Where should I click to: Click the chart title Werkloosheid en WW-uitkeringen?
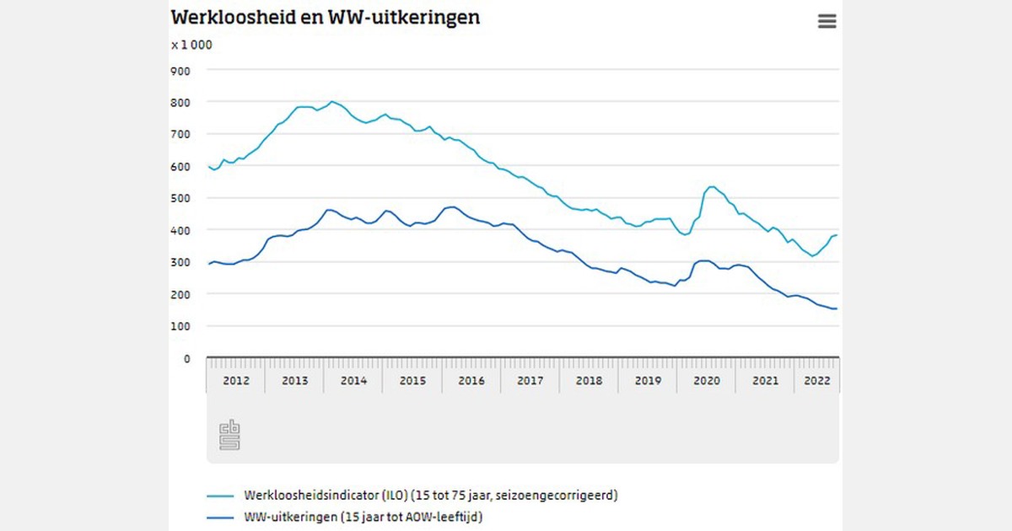pyautogui.click(x=326, y=17)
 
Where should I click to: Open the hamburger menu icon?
pyautogui.click(x=826, y=22)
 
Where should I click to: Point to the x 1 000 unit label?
pyautogui.click(x=191, y=45)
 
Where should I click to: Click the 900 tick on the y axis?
pyautogui.click(x=180, y=70)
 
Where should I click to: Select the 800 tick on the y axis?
pyautogui.click(x=180, y=102)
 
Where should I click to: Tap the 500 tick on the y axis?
pyautogui.click(x=180, y=198)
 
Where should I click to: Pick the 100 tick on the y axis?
pyautogui.click(x=180, y=326)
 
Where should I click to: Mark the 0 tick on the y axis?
pyautogui.click(x=187, y=358)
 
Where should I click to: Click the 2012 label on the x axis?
pyautogui.click(x=235, y=381)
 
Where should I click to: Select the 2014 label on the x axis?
pyautogui.click(x=353, y=381)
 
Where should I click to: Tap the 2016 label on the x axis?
pyautogui.click(x=471, y=381)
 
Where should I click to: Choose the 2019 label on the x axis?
pyautogui.click(x=647, y=381)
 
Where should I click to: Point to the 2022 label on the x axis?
pyautogui.click(x=816, y=381)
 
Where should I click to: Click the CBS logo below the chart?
pyautogui.click(x=229, y=435)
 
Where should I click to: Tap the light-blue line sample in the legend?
pyautogui.click(x=219, y=496)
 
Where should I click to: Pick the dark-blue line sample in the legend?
pyautogui.click(x=219, y=517)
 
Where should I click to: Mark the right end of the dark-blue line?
pyautogui.click(x=836, y=308)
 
